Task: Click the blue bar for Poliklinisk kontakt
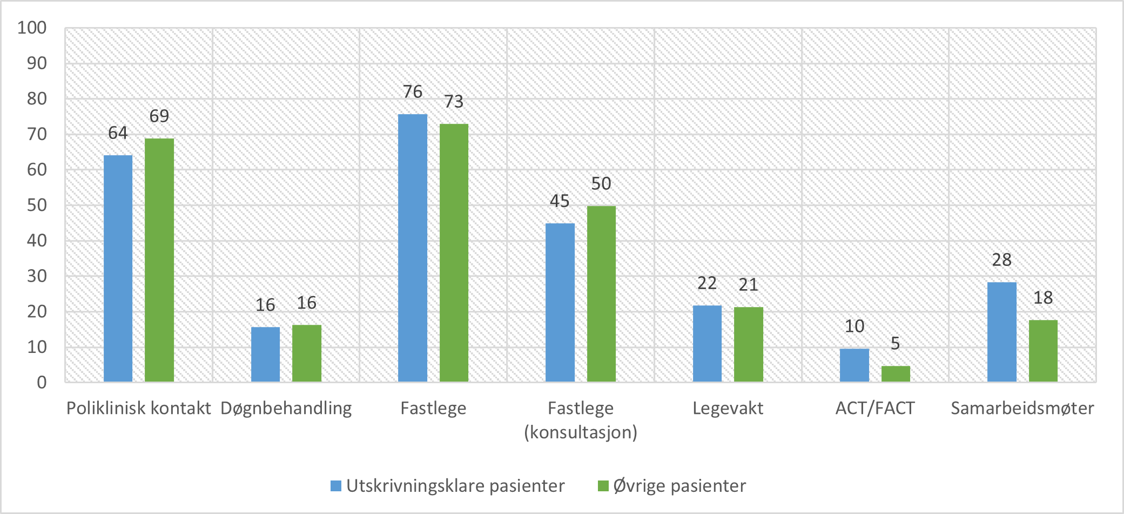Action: click(118, 269)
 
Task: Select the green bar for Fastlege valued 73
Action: click(454, 253)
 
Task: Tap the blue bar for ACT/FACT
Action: click(854, 365)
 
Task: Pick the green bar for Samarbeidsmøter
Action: click(1042, 351)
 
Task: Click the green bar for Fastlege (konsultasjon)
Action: click(601, 293)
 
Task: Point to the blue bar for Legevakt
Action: click(707, 344)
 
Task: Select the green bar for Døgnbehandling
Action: click(306, 353)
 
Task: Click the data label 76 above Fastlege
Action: click(413, 92)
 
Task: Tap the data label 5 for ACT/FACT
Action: click(895, 343)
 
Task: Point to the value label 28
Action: click(1001, 260)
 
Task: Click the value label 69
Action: click(159, 116)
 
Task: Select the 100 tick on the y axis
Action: click(32, 28)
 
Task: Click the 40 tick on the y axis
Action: click(37, 241)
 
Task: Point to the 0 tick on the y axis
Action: click(42, 383)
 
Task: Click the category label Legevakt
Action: click(728, 408)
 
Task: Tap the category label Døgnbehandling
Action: click(286, 408)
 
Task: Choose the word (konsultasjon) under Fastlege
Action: click(581, 432)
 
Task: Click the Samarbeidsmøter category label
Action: click(1022, 408)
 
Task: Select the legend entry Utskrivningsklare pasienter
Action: click(455, 486)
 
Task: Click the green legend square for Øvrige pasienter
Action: click(603, 486)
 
